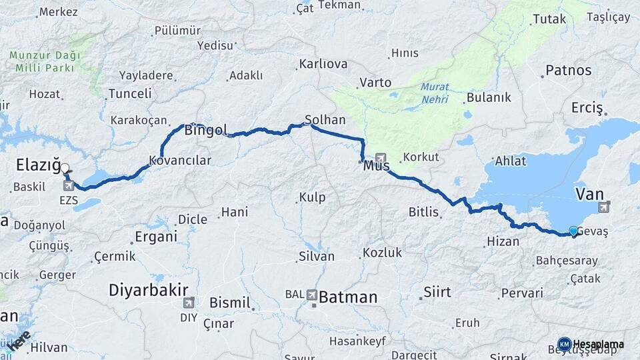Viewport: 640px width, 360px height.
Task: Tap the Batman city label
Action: tap(348, 297)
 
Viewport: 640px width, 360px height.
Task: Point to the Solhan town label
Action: tap(325, 120)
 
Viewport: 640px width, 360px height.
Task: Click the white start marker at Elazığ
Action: tap(65, 169)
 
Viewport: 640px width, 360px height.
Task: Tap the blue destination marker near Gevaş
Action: tap(573, 231)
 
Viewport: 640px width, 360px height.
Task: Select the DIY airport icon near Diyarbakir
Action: tap(189, 303)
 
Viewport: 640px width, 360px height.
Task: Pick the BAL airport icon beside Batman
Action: tap(311, 294)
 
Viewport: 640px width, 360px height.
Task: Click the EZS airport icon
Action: tap(68, 185)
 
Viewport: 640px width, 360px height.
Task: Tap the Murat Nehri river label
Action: tap(435, 93)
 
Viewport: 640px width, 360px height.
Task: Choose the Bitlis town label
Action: tap(424, 212)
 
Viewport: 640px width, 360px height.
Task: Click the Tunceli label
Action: tap(129, 93)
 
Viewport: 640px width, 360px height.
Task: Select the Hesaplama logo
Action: tap(592, 344)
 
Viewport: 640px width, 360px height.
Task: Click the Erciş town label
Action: tap(587, 107)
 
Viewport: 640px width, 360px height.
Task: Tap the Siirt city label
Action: tap(437, 292)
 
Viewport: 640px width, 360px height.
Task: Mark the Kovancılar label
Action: tap(180, 161)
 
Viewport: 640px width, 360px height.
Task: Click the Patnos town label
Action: tap(568, 69)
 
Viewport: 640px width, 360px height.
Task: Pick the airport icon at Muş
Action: tap(381, 158)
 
